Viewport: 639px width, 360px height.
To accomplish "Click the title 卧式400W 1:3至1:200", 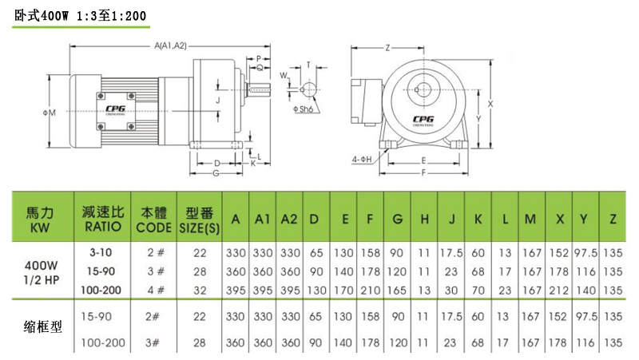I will pos(80,16).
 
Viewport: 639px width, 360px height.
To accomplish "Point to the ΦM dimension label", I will pos(49,113).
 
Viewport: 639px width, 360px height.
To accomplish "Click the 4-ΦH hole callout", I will pos(363,160).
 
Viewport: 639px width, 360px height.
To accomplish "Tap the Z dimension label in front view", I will pos(387,48).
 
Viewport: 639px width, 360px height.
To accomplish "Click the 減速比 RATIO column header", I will pos(101,218).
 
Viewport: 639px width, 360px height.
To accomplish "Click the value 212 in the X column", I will pos(559,288).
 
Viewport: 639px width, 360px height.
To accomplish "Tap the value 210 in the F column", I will pos(371,288).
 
